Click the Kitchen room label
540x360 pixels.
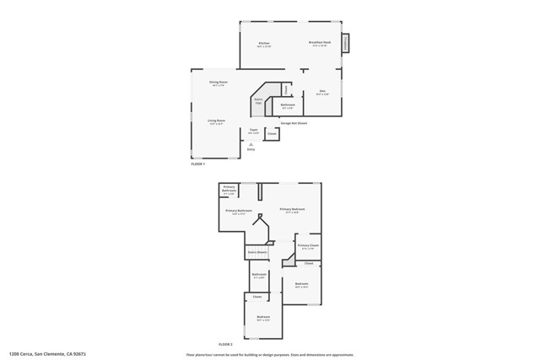pos(264,43)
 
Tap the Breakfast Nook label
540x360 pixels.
pos(320,43)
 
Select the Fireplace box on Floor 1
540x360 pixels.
pos(346,43)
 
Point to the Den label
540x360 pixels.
pos(321,92)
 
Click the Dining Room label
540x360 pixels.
pos(219,83)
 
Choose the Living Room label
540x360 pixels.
pos(217,121)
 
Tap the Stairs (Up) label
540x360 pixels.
pos(259,101)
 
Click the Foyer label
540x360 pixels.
pos(253,131)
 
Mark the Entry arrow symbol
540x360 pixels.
pos(251,145)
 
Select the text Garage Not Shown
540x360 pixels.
pos(293,123)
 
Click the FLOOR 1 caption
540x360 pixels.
pos(199,164)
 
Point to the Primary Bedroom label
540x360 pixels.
pos(292,210)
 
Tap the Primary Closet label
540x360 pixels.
pos(308,246)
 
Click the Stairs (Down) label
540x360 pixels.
pos(257,251)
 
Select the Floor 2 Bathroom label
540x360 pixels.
pos(259,275)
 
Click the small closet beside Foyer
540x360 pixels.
pos(272,133)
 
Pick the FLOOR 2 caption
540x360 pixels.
pos(225,344)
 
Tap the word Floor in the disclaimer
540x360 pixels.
pos(190,354)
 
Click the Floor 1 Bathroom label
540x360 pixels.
pos(287,105)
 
